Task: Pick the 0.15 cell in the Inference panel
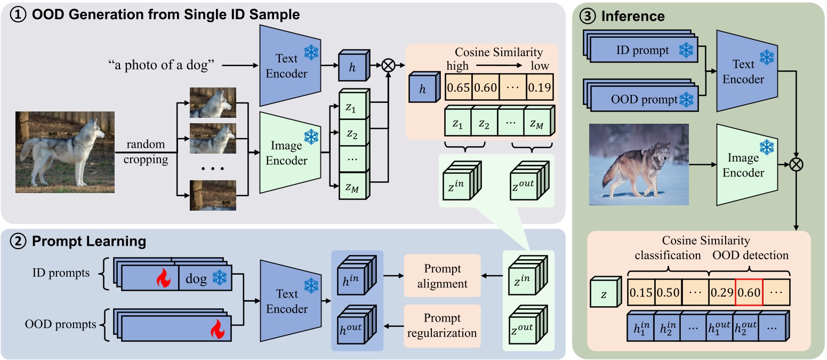coord(640,293)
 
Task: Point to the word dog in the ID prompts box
coord(197,278)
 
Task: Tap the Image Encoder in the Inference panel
coord(743,165)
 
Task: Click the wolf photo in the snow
coord(639,165)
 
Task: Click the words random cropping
coord(146,152)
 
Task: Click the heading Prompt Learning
coord(90,241)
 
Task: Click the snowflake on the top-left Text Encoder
coord(311,52)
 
